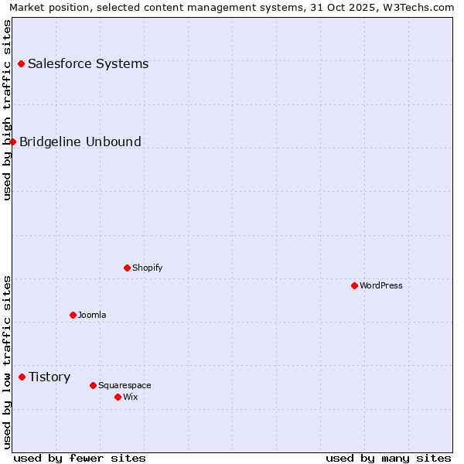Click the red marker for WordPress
pos(354,285)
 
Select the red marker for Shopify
pos(127,268)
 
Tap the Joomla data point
pos(73,315)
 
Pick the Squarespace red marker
pos(93,385)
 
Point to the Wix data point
pos(118,397)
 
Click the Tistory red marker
pos(22,377)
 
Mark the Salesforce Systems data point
pos(21,63)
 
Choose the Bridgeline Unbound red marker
pos(12,142)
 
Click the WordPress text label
pos(380,285)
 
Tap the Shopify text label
pos(147,268)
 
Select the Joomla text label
pos(92,315)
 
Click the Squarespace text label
pos(125,385)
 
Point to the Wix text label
pos(131,397)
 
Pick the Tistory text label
pos(49,377)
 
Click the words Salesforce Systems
pos(88,63)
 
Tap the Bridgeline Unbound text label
pos(80,142)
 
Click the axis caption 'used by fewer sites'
pos(80,458)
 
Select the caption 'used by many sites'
pos(388,458)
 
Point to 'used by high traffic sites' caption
pos(7,110)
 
